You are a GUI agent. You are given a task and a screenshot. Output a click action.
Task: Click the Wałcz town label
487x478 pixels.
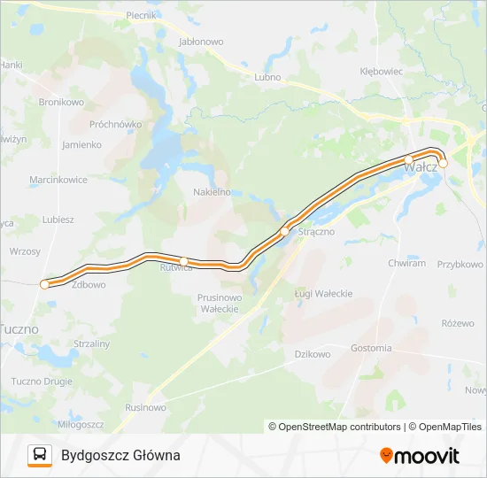420,166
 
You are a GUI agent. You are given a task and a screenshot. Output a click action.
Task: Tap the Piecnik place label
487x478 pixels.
141,15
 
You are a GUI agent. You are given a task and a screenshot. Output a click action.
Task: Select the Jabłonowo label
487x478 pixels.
201,42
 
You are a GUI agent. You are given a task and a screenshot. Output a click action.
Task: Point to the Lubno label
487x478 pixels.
267,77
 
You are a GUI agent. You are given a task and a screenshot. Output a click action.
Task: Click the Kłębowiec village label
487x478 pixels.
383,71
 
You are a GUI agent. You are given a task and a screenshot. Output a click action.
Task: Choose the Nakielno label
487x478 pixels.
212,191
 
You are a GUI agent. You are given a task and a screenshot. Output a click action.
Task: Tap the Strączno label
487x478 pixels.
316,232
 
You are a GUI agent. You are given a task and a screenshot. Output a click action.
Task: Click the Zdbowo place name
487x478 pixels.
89,285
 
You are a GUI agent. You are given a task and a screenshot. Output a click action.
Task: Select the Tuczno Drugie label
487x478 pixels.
43,382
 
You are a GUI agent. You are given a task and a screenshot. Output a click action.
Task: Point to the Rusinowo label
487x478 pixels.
146,407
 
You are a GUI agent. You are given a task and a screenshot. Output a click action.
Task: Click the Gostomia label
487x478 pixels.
371,348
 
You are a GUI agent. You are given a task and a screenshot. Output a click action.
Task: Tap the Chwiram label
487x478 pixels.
406,263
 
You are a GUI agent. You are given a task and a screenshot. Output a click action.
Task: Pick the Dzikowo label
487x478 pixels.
312,354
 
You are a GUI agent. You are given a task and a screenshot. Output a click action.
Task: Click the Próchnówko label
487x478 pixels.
116,125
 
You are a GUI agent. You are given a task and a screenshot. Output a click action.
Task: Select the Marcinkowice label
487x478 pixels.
58,180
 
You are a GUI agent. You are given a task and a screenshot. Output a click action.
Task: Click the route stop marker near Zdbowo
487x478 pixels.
44,284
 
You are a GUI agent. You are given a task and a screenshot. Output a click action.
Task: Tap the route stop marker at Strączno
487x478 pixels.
284,232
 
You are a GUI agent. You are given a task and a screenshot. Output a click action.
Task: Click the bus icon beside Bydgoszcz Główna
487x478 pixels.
40,455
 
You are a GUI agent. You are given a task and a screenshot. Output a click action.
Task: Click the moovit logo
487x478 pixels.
420,456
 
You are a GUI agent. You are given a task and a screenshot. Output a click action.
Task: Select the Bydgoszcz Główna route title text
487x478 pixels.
120,455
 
